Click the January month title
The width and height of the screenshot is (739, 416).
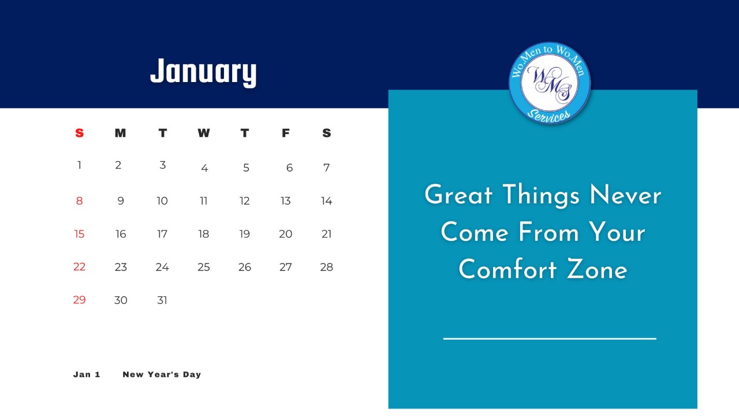(203, 72)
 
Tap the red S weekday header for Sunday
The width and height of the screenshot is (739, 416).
(79, 133)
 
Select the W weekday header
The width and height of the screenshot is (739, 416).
(204, 133)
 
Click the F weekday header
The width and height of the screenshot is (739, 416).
(286, 133)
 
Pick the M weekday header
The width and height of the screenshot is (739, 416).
(121, 133)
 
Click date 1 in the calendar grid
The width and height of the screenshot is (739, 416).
(79, 165)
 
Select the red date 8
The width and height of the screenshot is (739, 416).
(79, 200)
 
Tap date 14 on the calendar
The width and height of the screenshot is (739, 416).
(327, 200)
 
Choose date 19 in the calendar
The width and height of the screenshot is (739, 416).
(244, 234)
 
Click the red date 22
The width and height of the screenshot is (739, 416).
(79, 266)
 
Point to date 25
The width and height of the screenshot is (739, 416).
(204, 267)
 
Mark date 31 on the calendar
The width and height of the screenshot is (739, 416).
(162, 300)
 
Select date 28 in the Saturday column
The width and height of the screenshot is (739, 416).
(327, 267)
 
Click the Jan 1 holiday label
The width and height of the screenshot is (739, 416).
(87, 374)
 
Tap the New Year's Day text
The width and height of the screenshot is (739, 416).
(162, 374)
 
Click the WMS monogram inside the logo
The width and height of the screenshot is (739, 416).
(549, 83)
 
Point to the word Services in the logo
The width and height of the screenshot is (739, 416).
(548, 116)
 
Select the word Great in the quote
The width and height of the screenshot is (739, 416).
(458, 195)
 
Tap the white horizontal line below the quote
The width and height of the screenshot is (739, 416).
(550, 339)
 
